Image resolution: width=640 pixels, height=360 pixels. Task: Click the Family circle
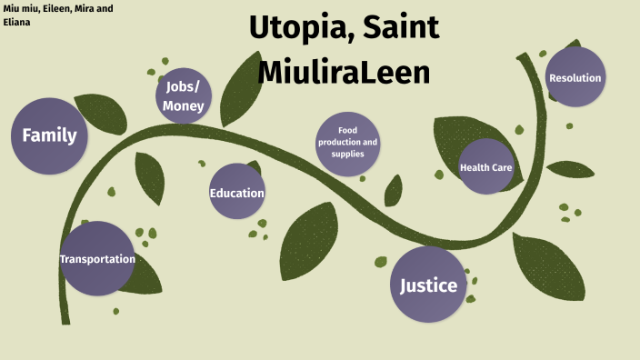pyautogui.click(x=49, y=136)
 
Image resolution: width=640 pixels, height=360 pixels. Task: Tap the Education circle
pyautogui.click(x=237, y=192)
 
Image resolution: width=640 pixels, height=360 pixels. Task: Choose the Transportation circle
pyautogui.click(x=96, y=259)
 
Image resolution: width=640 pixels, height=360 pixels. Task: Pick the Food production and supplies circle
pyautogui.click(x=347, y=143)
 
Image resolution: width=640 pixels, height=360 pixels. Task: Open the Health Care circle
pyautogui.click(x=486, y=167)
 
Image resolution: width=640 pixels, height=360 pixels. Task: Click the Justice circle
pyautogui.click(x=428, y=285)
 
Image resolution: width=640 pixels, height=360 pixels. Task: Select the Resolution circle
pyautogui.click(x=575, y=78)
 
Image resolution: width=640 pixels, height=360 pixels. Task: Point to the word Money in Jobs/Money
pyautogui.click(x=184, y=106)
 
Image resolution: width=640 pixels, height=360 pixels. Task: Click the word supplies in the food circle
pyautogui.click(x=347, y=154)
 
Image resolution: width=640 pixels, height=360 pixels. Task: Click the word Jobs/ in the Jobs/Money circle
pyautogui.click(x=184, y=86)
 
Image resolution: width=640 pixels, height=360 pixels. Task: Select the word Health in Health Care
pyautogui.click(x=475, y=168)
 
